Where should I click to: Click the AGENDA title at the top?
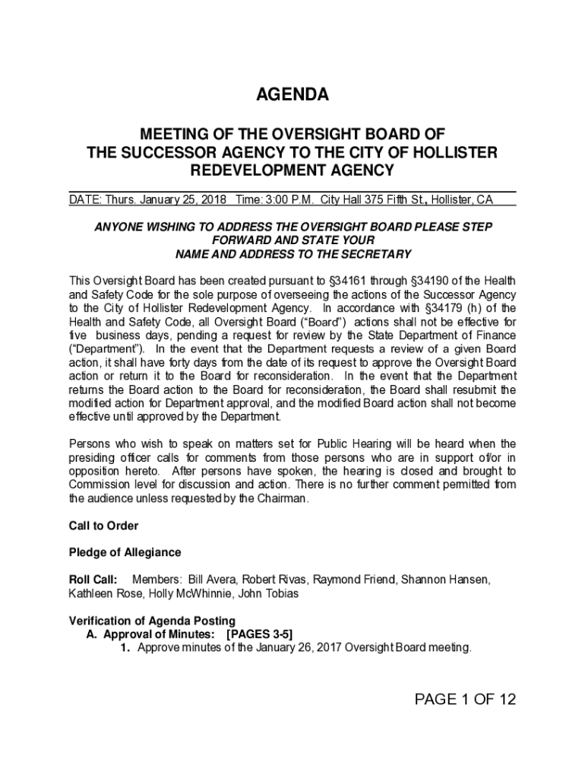[x=292, y=95]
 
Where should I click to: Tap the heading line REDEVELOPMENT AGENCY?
[x=292, y=170]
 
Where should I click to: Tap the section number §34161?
[x=337, y=281]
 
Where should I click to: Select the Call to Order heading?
[x=103, y=526]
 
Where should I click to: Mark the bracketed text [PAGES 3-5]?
[x=260, y=634]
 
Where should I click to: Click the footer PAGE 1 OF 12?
[x=465, y=700]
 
